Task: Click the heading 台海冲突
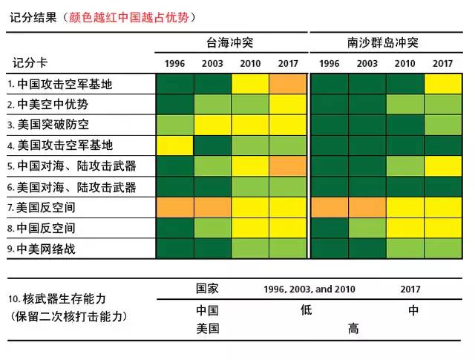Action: pyautogui.click(x=230, y=43)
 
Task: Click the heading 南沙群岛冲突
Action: pyautogui.click(x=384, y=43)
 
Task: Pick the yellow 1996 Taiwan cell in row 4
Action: pyautogui.click(x=174, y=145)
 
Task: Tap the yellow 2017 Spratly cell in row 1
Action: pyautogui.click(x=442, y=84)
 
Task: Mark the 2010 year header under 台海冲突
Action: pyautogui.click(x=250, y=63)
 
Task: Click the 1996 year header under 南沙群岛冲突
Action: pyautogui.click(x=329, y=63)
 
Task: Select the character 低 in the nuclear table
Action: pyautogui.click(x=307, y=311)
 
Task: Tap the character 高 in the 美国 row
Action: pyautogui.click(x=353, y=330)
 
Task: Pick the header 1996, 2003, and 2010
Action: pyautogui.click(x=309, y=289)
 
